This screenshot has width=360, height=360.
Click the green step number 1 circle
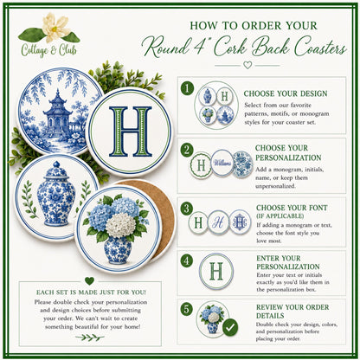[187, 88]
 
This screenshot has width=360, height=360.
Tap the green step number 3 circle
[187, 209]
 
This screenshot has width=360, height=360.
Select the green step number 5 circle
[187, 310]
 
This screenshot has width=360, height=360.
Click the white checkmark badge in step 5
[230, 328]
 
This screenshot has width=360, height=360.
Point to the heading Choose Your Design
[286, 93]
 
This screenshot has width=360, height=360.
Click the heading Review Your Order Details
[292, 312]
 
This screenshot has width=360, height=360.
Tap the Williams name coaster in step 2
[222, 163]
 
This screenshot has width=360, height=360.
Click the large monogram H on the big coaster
[130, 132]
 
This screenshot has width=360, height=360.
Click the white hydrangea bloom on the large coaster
[120, 225]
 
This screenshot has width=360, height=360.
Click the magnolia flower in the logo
[56, 27]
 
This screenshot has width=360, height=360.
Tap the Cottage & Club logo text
[48, 50]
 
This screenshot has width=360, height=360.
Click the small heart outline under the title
[247, 65]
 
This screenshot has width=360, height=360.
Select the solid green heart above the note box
[89, 280]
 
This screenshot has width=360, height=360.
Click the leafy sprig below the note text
[90, 337]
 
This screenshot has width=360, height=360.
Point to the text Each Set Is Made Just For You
[91, 292]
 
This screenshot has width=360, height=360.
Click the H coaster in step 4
[216, 271]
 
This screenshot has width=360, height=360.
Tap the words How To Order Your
[254, 25]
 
